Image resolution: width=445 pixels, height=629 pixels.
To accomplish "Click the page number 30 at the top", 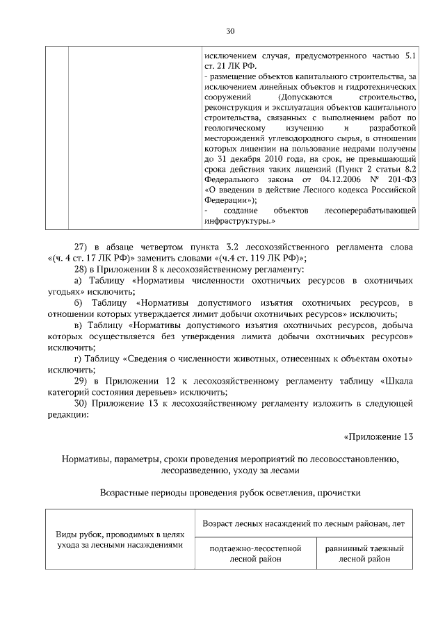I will (x=231, y=31).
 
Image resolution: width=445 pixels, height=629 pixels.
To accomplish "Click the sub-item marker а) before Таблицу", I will (x=78, y=280).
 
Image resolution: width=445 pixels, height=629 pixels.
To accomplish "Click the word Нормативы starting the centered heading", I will (x=86, y=459).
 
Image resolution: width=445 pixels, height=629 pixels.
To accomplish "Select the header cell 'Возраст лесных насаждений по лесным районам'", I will (x=304, y=523).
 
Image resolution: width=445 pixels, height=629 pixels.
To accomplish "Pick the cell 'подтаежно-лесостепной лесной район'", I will (x=255, y=553).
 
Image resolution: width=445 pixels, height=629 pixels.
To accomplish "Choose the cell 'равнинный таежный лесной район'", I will (x=364, y=553).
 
